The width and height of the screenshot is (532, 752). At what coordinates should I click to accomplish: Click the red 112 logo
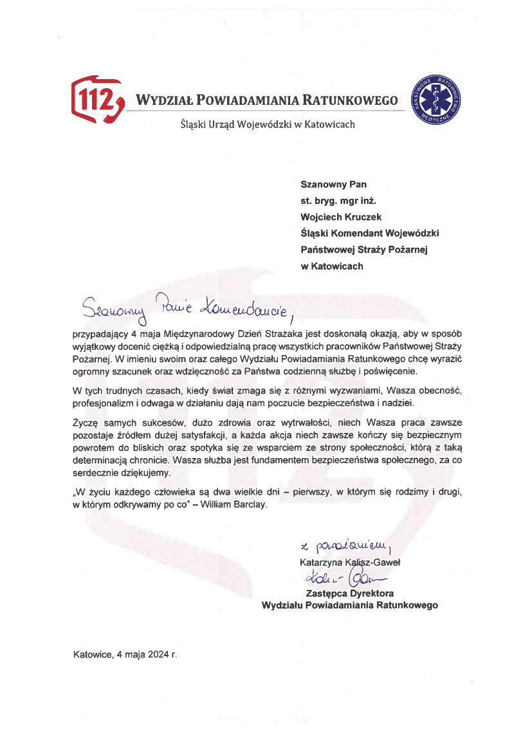point(96,99)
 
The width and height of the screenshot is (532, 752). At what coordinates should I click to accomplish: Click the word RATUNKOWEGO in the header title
point(351,100)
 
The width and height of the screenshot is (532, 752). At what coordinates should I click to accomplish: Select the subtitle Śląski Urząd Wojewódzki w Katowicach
point(267,124)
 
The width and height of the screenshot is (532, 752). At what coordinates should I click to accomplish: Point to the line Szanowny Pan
point(333,184)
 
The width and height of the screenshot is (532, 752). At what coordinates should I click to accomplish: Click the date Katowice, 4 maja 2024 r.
point(124,655)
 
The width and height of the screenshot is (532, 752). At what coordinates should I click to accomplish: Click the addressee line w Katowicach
point(331,266)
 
